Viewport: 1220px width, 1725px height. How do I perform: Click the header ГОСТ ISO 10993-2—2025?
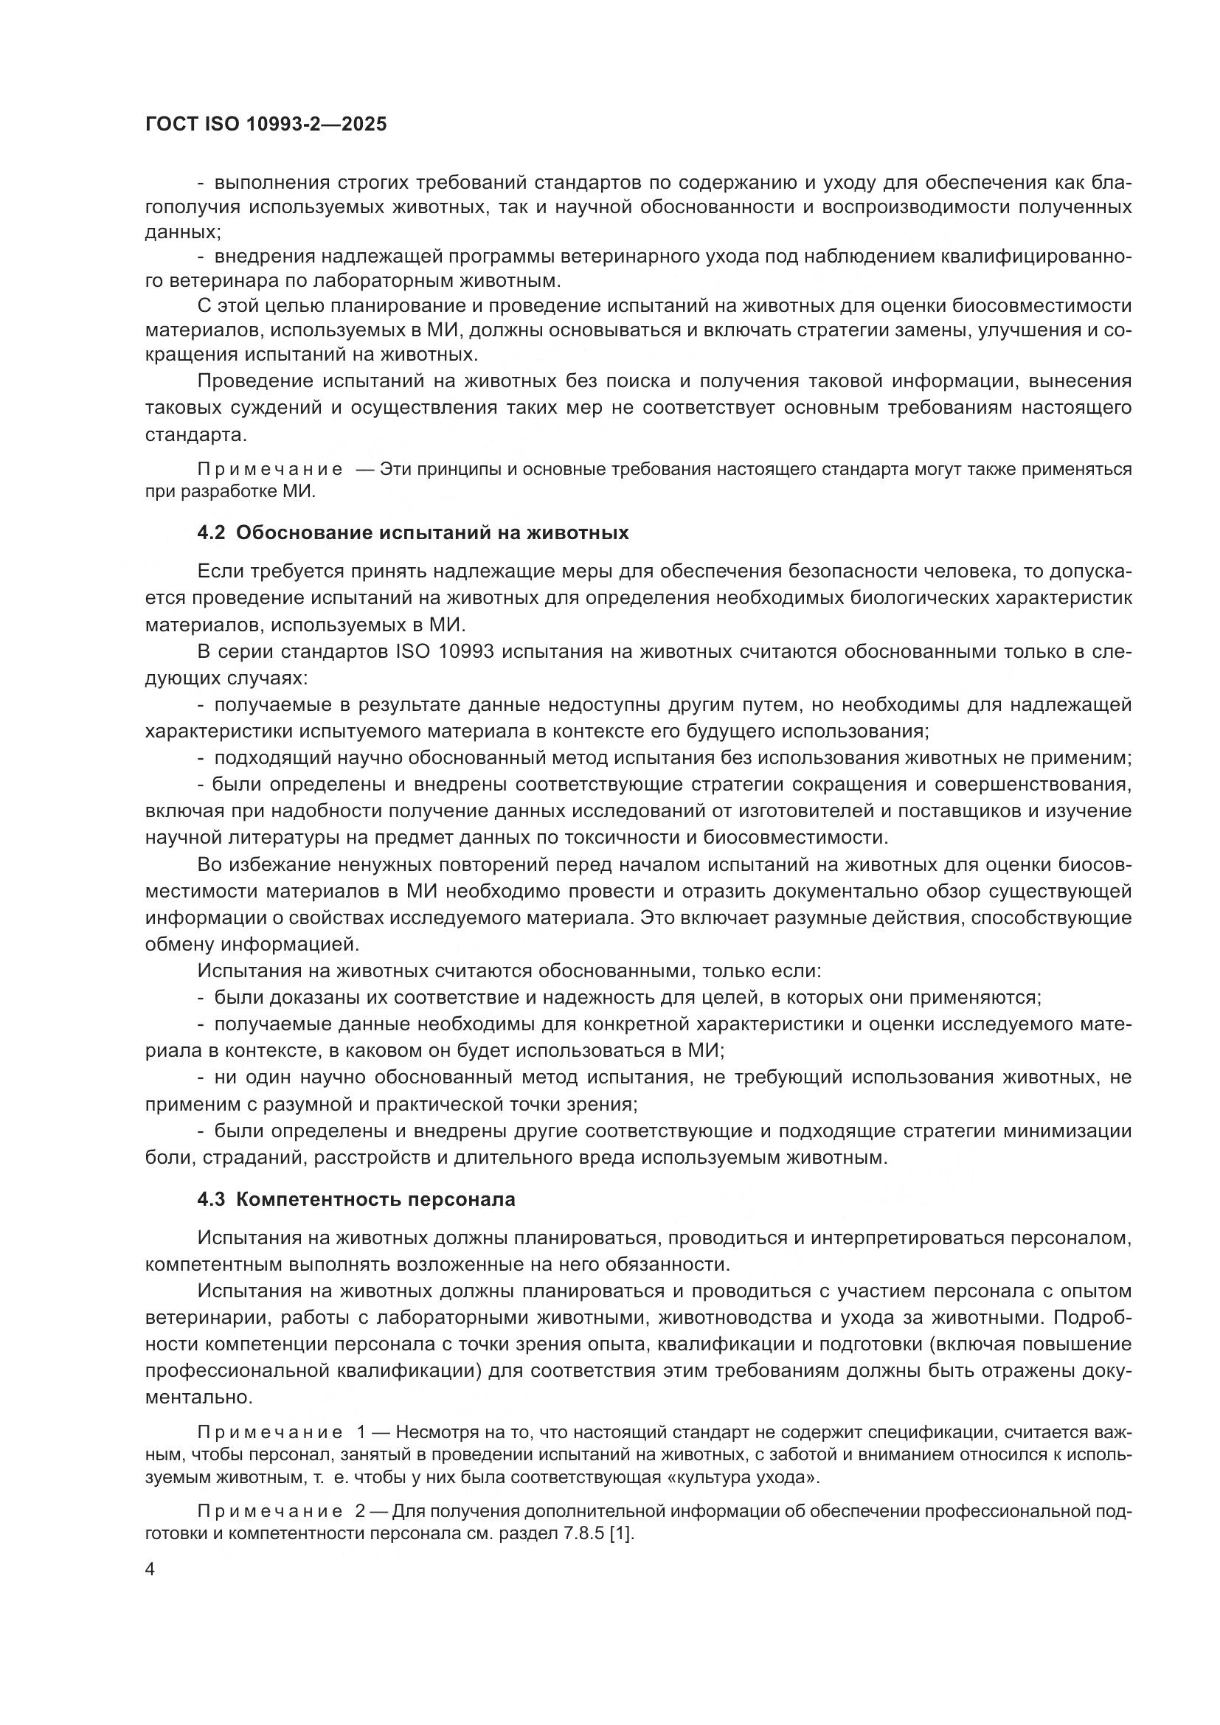[x=266, y=125]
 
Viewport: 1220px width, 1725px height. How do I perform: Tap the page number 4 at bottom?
[x=150, y=1569]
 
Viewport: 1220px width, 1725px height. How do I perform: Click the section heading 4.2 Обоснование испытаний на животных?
[x=413, y=533]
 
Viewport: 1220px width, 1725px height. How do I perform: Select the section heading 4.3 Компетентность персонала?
[x=356, y=1199]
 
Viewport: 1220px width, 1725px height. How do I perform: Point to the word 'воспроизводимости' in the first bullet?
[x=909, y=207]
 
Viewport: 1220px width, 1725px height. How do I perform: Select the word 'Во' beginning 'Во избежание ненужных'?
[x=209, y=865]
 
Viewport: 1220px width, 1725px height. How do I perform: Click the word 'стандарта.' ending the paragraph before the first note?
[x=195, y=435]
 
